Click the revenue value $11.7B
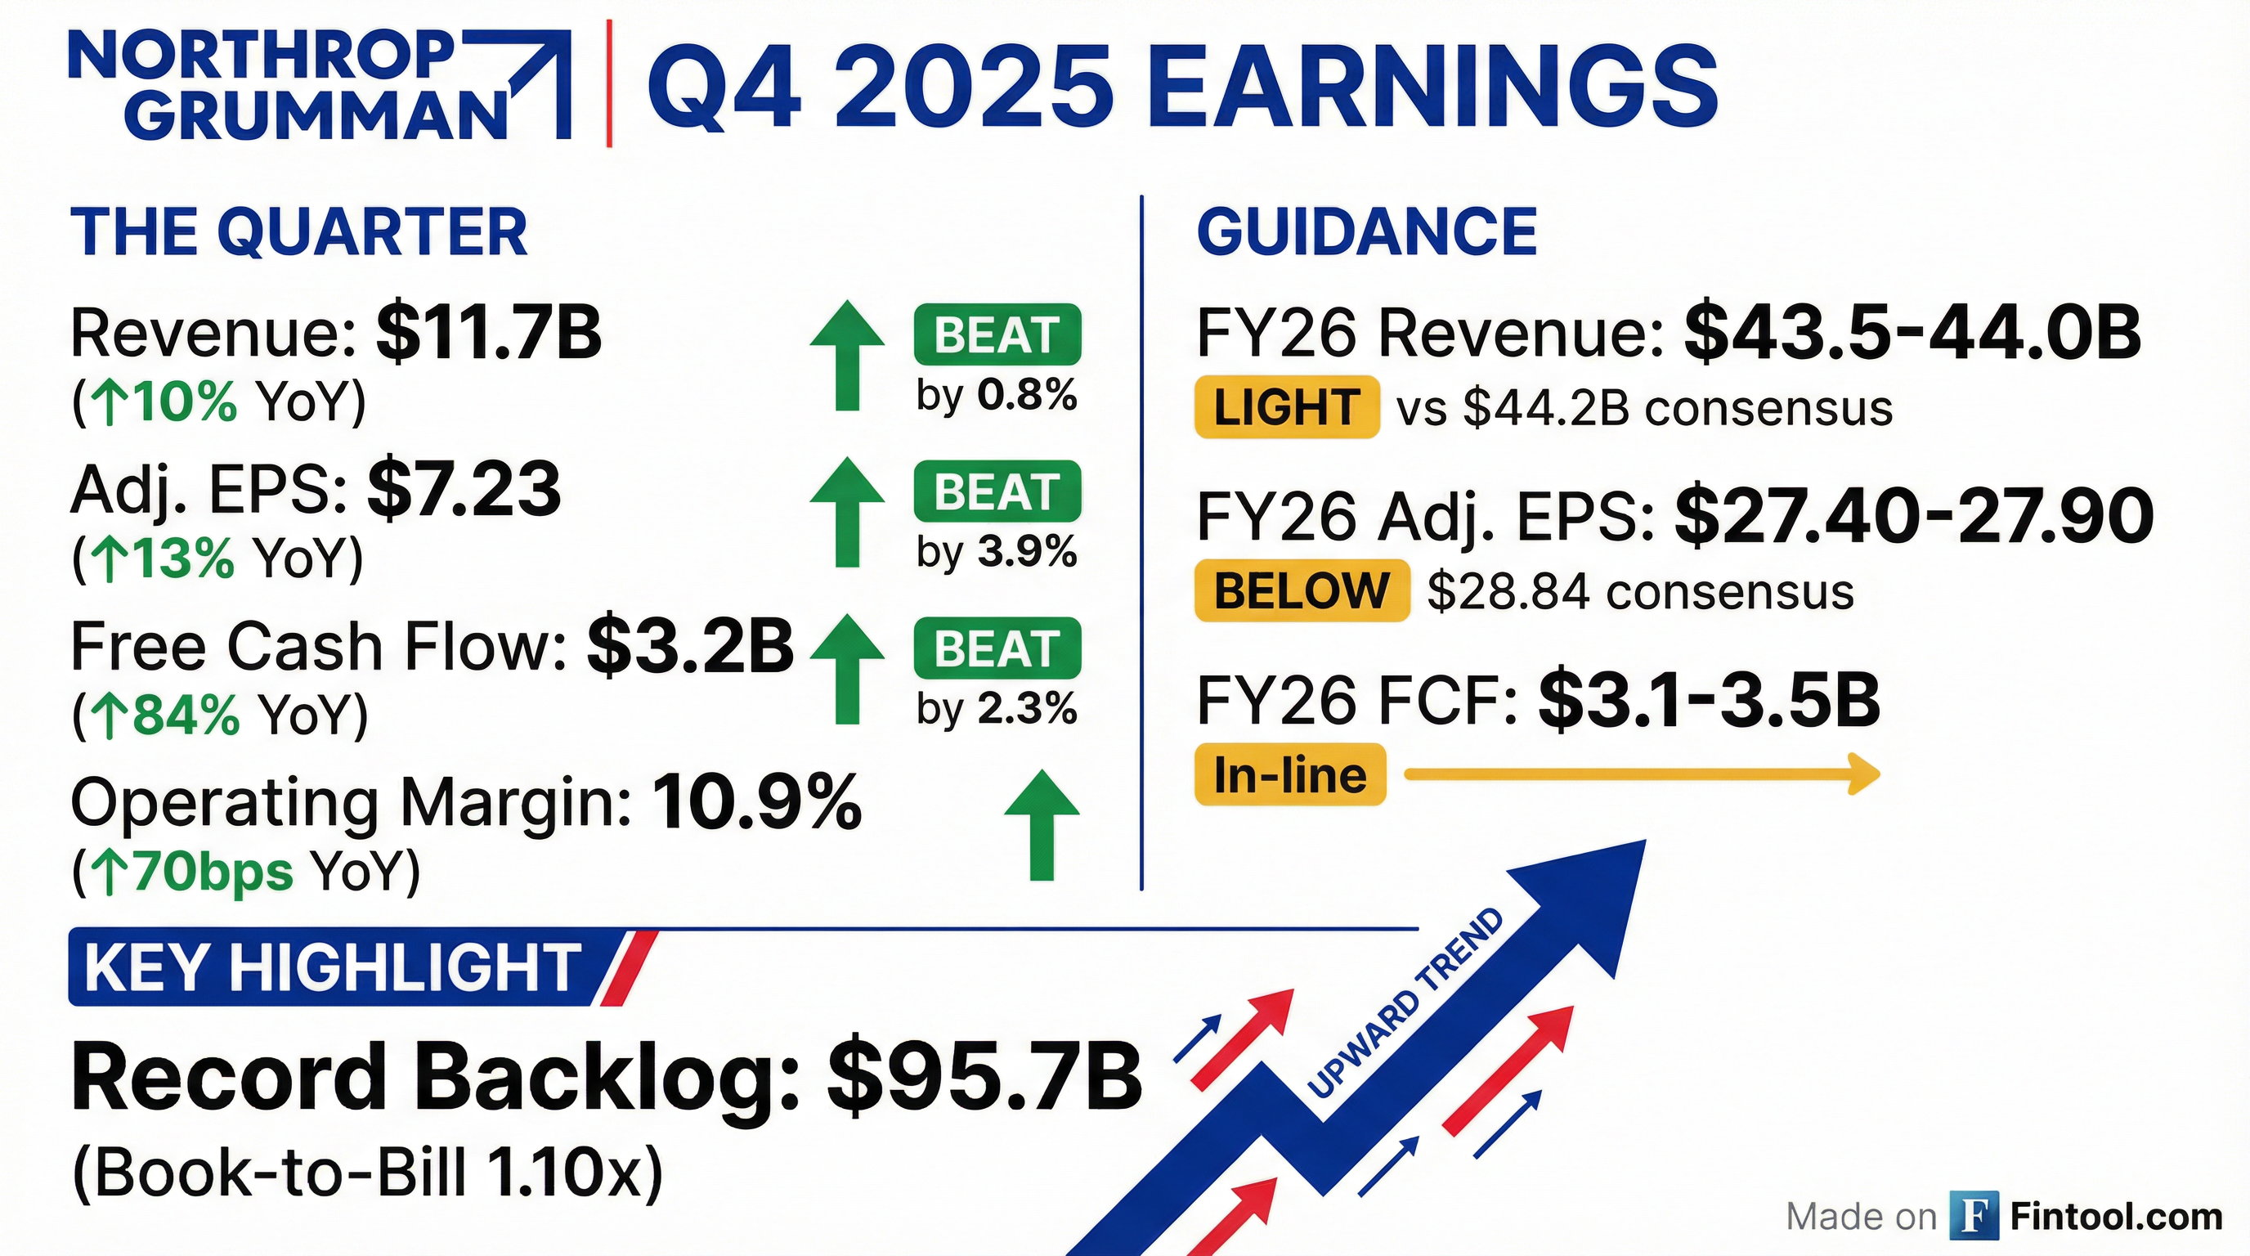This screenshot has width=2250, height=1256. pyautogui.click(x=489, y=333)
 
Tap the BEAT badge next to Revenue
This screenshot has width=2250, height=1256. pyautogui.click(x=997, y=334)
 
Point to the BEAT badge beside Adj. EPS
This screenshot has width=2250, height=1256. pyautogui.click(x=997, y=491)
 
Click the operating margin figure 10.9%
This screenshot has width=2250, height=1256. pyautogui.click(x=756, y=802)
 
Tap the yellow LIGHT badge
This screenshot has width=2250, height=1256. pyautogui.click(x=1287, y=407)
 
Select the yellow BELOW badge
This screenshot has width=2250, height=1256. pyautogui.click(x=1302, y=590)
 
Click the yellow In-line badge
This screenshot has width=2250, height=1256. pyautogui.click(x=1290, y=774)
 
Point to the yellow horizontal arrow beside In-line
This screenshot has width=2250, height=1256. pyautogui.click(x=1642, y=774)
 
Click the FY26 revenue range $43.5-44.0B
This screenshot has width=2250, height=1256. pyautogui.click(x=1913, y=333)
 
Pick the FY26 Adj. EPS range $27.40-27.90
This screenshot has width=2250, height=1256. pyautogui.click(x=1914, y=517)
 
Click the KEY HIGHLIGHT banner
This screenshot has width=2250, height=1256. pyautogui.click(x=362, y=967)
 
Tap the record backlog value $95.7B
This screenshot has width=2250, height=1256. pyautogui.click(x=985, y=1077)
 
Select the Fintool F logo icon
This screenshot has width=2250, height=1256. pyautogui.click(x=1974, y=1215)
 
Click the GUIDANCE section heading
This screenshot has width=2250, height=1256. pyautogui.click(x=1367, y=231)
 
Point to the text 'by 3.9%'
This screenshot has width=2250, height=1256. pyautogui.click(x=997, y=551)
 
